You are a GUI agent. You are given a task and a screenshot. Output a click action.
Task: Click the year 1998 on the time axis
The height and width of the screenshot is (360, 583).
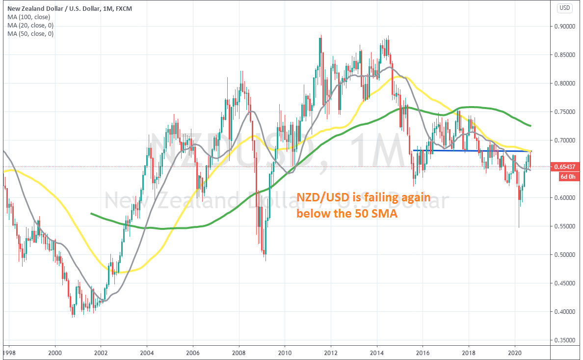pyautogui.click(x=9, y=353)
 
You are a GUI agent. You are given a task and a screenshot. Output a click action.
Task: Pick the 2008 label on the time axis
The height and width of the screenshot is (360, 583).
pyautogui.click(x=239, y=353)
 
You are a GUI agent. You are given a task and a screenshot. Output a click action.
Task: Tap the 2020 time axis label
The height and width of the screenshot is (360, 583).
pyautogui.click(x=515, y=353)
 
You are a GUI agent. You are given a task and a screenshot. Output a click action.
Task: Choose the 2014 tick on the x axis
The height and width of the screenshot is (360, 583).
pyautogui.click(x=377, y=353)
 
